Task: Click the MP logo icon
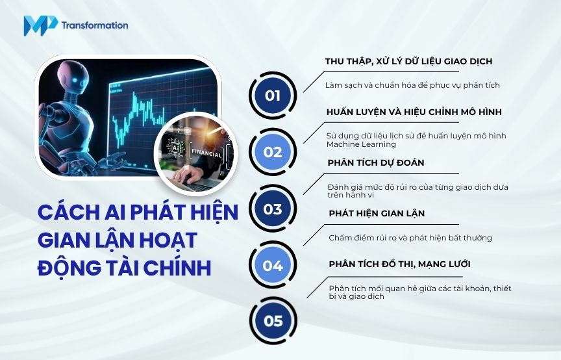coord(40,25)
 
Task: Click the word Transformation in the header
coord(95,25)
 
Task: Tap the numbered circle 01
coord(273,96)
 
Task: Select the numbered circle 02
coord(273,152)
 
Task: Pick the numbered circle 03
coord(273,209)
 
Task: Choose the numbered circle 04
coord(273,265)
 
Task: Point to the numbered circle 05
coord(273,321)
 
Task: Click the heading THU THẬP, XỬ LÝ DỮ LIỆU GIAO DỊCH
coord(408,61)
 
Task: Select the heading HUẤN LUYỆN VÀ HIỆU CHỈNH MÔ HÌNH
coord(414,112)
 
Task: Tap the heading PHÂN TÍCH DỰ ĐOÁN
coord(376,162)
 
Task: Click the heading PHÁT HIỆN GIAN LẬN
coord(377,213)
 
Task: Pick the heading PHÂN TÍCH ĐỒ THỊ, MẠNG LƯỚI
coord(399,264)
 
